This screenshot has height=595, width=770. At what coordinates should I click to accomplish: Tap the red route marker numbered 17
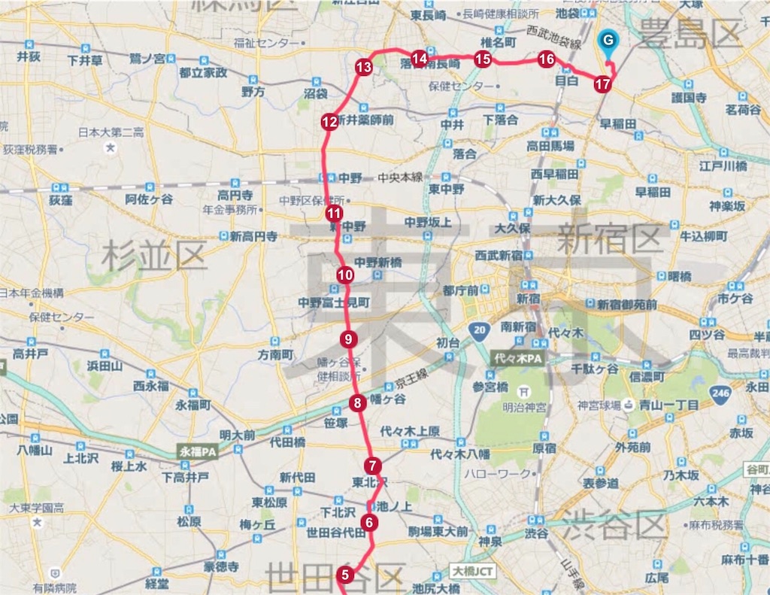coord(602,84)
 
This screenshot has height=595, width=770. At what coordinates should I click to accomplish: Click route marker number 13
coord(364,68)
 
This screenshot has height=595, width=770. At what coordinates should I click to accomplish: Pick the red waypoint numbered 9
coord(347,339)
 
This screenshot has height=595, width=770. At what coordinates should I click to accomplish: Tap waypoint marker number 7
coord(373,466)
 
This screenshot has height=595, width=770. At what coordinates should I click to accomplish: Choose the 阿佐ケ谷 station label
coord(149,199)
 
